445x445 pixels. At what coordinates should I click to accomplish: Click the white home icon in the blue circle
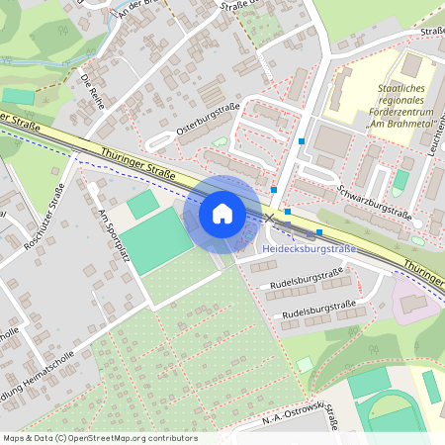coord(222,214)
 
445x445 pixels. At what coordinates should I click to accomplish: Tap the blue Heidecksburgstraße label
coord(309,248)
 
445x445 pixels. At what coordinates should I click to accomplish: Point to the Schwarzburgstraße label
coord(373,201)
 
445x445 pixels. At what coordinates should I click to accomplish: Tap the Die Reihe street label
coord(93,91)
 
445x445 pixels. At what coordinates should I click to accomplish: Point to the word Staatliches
coord(402,88)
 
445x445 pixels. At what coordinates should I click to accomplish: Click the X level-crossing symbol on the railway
coord(268,218)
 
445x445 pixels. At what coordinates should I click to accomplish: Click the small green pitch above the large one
coord(142,204)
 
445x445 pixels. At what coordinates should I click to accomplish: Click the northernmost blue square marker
coord(301,141)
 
